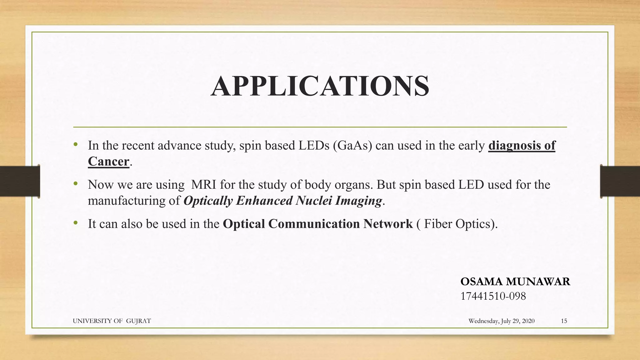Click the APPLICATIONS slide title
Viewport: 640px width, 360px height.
[x=320, y=86]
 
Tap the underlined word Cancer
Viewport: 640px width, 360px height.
[x=108, y=162]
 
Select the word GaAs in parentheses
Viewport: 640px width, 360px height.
[x=352, y=146]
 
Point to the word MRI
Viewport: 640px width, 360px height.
[x=203, y=185]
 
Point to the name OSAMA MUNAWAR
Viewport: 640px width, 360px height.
[x=515, y=282]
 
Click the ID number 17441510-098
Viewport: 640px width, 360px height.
[x=493, y=296]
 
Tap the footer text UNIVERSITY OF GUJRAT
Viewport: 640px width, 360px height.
[x=112, y=321]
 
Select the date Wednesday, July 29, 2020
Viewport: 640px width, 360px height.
[x=501, y=321]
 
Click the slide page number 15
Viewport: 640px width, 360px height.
[x=564, y=321]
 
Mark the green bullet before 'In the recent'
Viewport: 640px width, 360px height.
[x=75, y=145]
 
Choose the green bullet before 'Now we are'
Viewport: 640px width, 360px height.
[x=75, y=184]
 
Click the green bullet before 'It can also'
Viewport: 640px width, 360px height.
[x=75, y=223]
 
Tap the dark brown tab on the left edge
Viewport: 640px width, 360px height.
[x=20, y=181]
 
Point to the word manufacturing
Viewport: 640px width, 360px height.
[x=127, y=201]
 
